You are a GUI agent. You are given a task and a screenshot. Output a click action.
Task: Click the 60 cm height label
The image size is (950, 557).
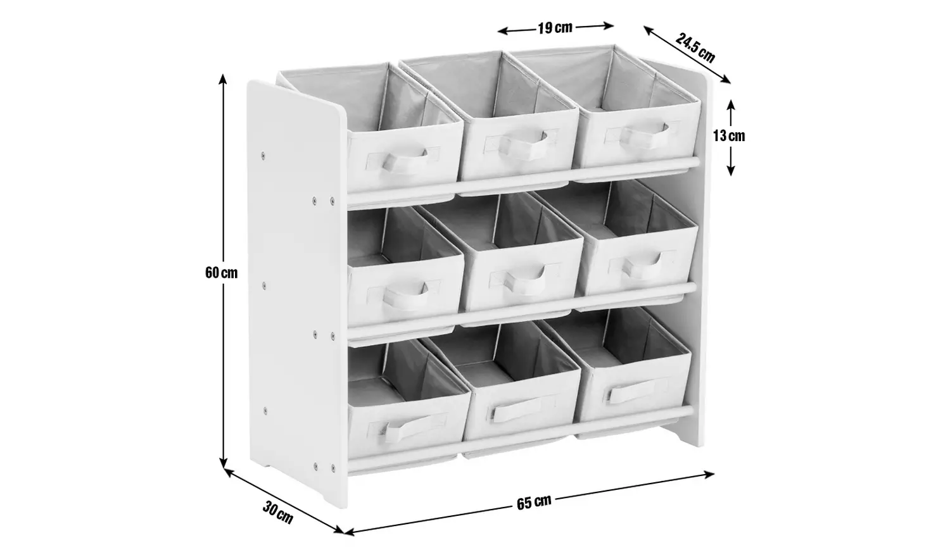point(221,273)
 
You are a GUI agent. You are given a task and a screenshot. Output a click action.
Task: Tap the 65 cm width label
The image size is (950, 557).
point(534,503)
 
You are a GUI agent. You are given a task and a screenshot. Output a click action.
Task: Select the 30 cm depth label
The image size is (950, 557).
point(278,513)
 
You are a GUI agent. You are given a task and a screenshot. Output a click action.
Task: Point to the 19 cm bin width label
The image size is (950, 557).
point(555,27)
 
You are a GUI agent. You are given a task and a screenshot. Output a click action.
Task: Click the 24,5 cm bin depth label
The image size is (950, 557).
point(695,48)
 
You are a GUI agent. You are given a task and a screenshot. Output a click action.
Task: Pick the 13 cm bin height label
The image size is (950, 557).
point(728,135)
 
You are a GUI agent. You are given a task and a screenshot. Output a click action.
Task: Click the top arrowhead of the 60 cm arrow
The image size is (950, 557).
point(223,78)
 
